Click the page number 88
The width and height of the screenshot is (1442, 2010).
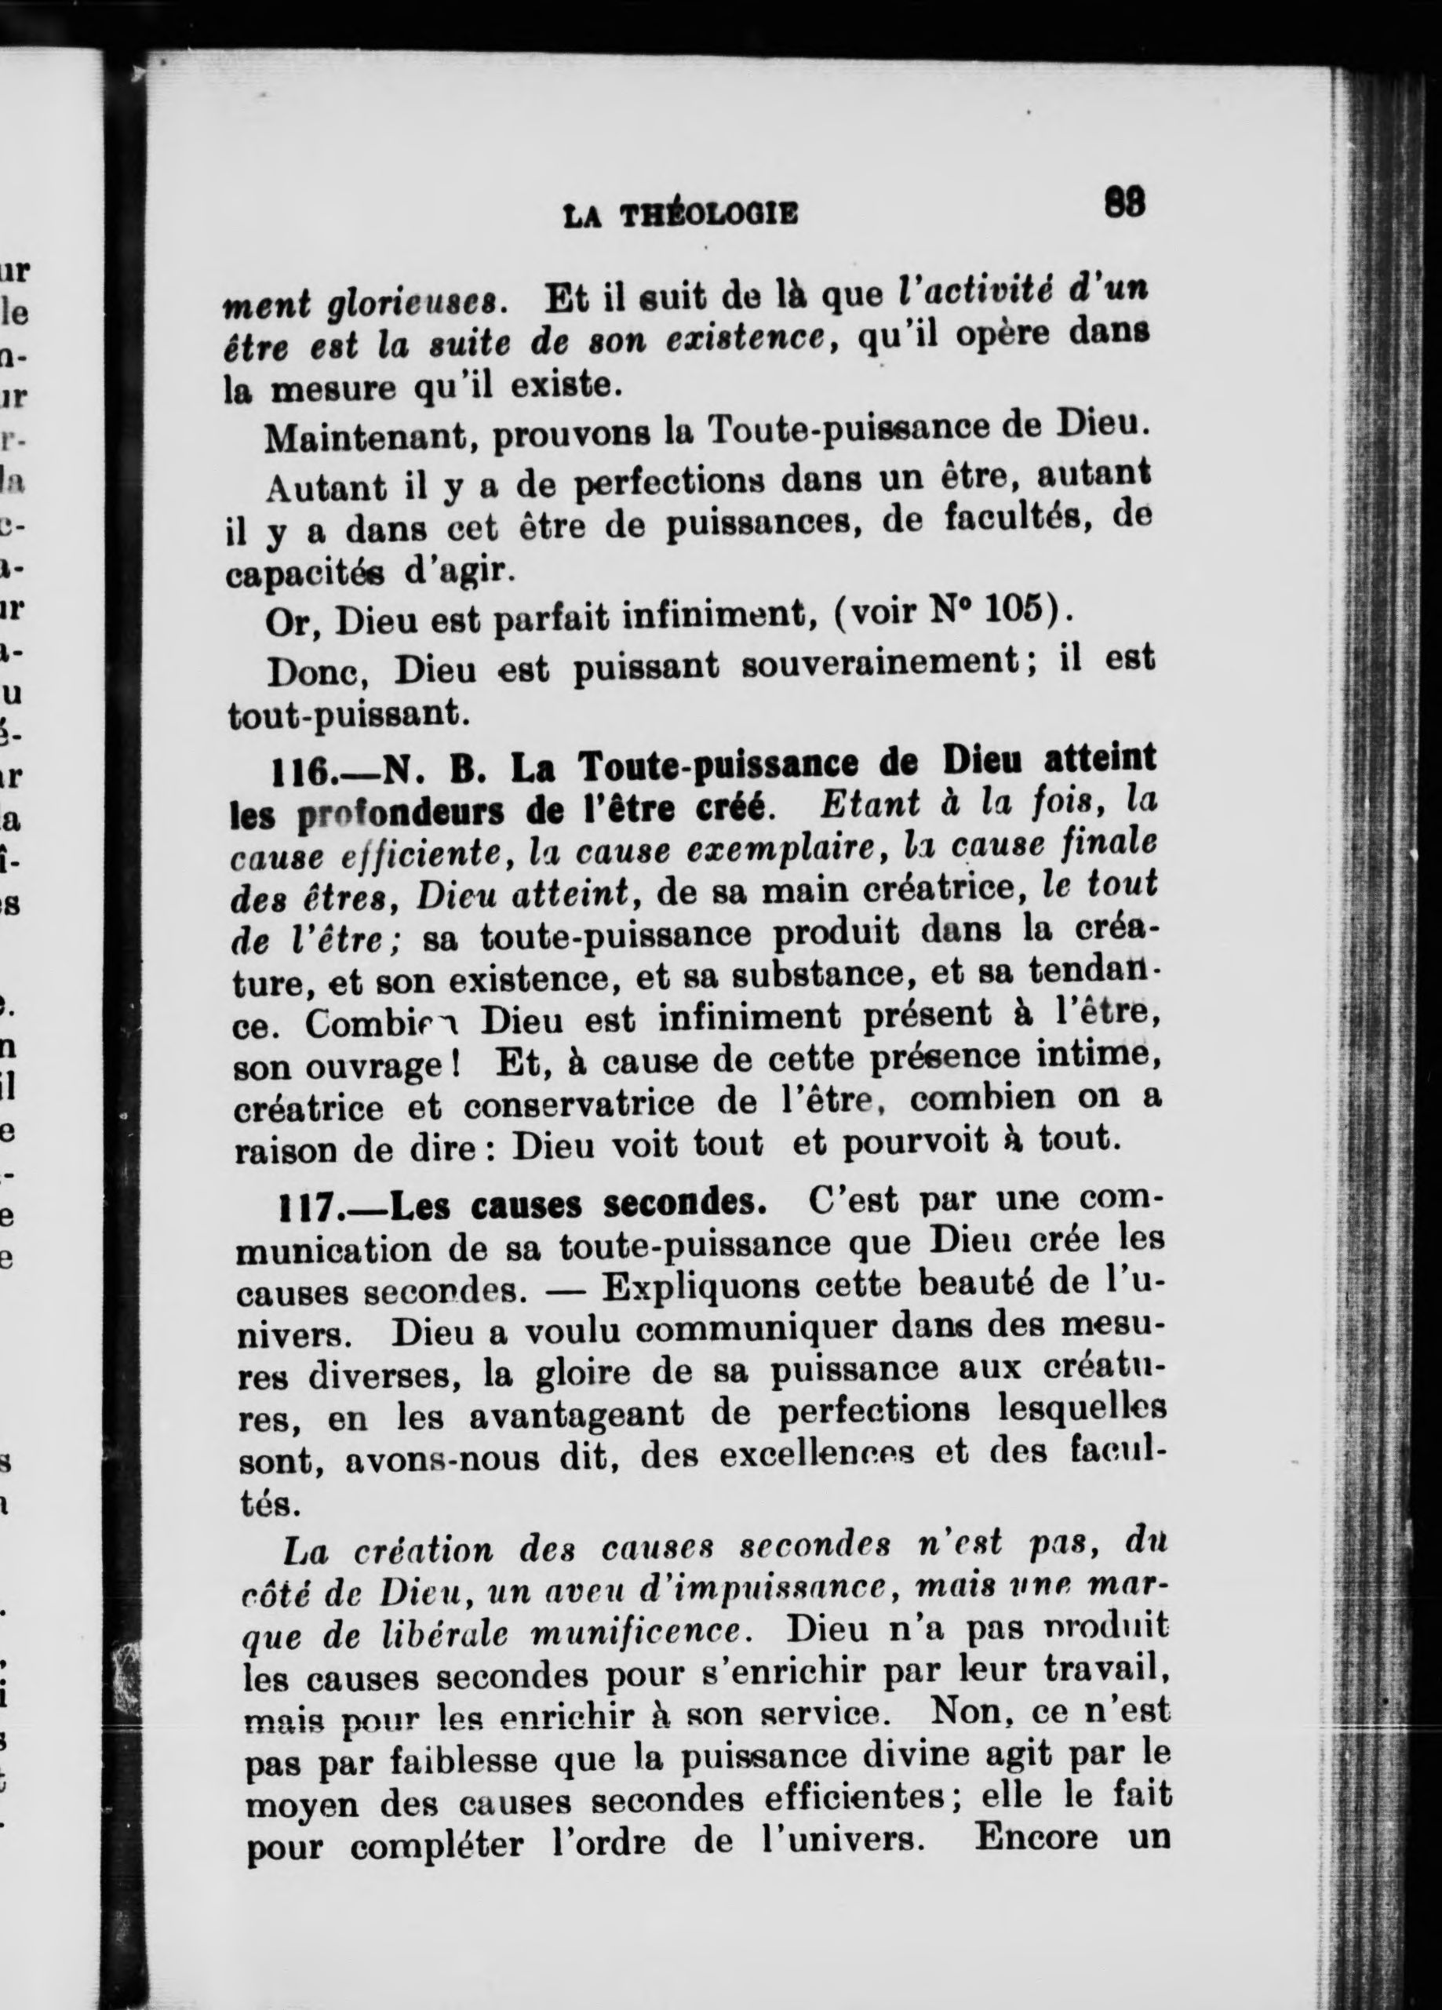click(1125, 204)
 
